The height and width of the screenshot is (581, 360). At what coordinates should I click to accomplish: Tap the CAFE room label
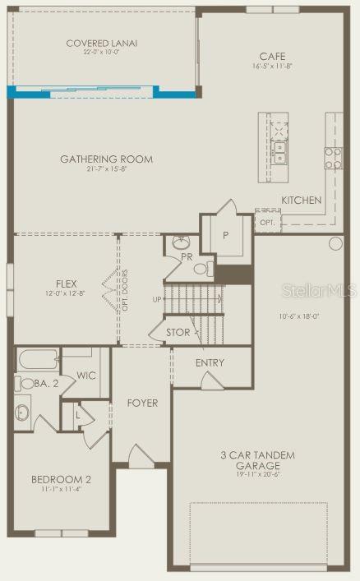272,57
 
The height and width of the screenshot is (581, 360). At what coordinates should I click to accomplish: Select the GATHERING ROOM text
106,159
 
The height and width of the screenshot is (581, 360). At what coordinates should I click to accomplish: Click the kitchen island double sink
280,150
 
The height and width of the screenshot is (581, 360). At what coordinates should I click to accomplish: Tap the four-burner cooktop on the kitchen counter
333,158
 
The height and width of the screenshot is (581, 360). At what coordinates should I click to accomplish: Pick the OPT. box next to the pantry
267,222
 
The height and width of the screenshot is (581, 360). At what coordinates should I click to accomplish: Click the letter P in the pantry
225,233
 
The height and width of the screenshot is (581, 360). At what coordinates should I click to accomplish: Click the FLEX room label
67,283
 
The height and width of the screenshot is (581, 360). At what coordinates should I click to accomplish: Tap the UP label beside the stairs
156,299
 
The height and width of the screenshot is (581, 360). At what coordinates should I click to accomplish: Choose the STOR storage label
178,333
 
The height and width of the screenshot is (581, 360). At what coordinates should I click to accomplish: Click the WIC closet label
86,376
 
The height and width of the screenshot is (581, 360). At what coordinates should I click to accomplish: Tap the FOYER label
141,403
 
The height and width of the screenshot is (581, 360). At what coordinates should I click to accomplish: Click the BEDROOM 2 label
61,480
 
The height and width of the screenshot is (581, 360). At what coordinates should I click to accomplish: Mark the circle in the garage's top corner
335,243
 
